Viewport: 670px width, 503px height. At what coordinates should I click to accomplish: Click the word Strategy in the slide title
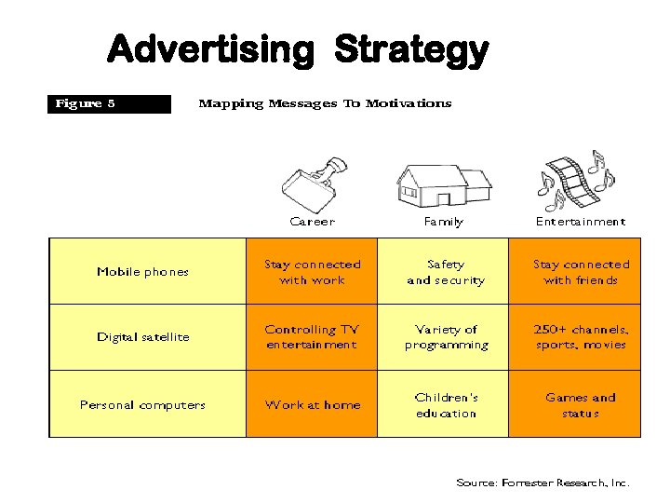point(410,49)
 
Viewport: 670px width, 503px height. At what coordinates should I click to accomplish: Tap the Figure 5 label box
point(110,103)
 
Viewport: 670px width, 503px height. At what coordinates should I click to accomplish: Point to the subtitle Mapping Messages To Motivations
point(325,103)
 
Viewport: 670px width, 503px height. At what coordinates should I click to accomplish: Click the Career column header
point(312,222)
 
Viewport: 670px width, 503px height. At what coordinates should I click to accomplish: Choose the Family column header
point(443,222)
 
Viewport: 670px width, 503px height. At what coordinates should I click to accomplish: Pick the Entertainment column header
point(580,222)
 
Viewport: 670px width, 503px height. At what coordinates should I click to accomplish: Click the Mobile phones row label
point(142,272)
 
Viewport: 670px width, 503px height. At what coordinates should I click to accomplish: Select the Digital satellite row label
point(142,337)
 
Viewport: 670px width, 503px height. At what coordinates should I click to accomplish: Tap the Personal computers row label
point(142,405)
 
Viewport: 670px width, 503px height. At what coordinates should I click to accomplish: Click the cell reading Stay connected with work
point(312,272)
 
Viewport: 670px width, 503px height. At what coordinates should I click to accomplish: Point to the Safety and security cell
point(445,272)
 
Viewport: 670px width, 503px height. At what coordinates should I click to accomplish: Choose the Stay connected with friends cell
point(581,272)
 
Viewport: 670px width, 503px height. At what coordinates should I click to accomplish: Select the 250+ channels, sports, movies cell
point(581,337)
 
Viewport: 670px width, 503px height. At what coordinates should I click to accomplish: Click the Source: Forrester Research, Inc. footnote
point(543,483)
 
